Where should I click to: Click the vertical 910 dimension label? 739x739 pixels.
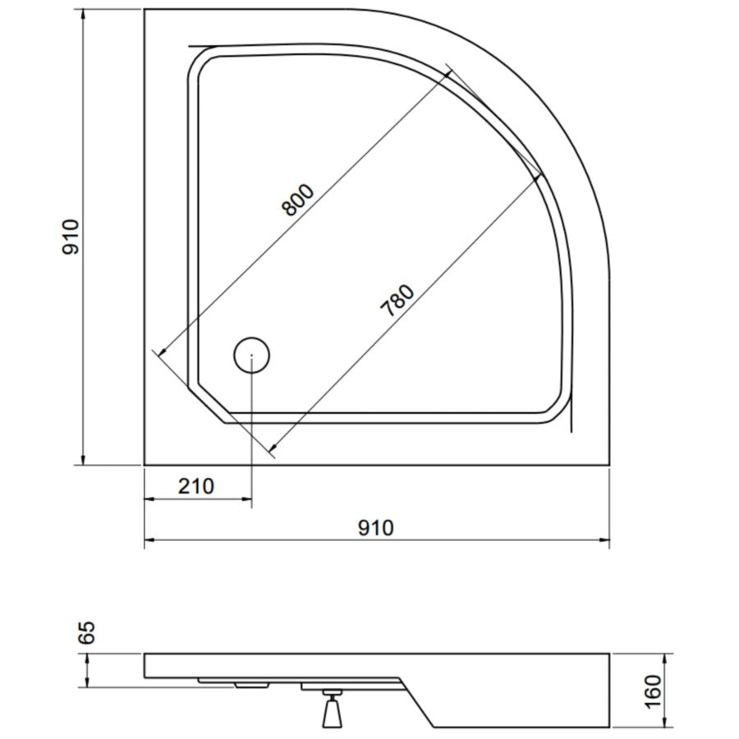point(71,236)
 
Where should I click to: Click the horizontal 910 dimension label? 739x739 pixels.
point(375,528)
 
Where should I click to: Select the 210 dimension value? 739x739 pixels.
point(196,486)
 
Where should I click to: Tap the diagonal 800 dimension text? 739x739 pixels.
point(297,200)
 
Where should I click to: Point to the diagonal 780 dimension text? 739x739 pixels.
point(397,301)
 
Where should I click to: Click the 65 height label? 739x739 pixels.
point(87,632)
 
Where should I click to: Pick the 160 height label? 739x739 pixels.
point(654,691)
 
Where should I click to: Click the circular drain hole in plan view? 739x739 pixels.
point(252,355)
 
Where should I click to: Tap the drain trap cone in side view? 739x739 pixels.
point(333,713)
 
